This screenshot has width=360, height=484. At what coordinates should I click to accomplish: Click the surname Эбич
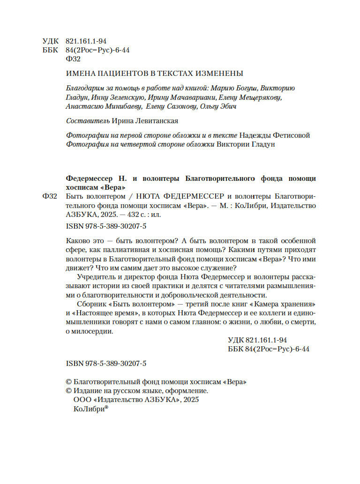227,106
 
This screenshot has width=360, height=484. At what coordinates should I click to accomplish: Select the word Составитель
88,121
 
